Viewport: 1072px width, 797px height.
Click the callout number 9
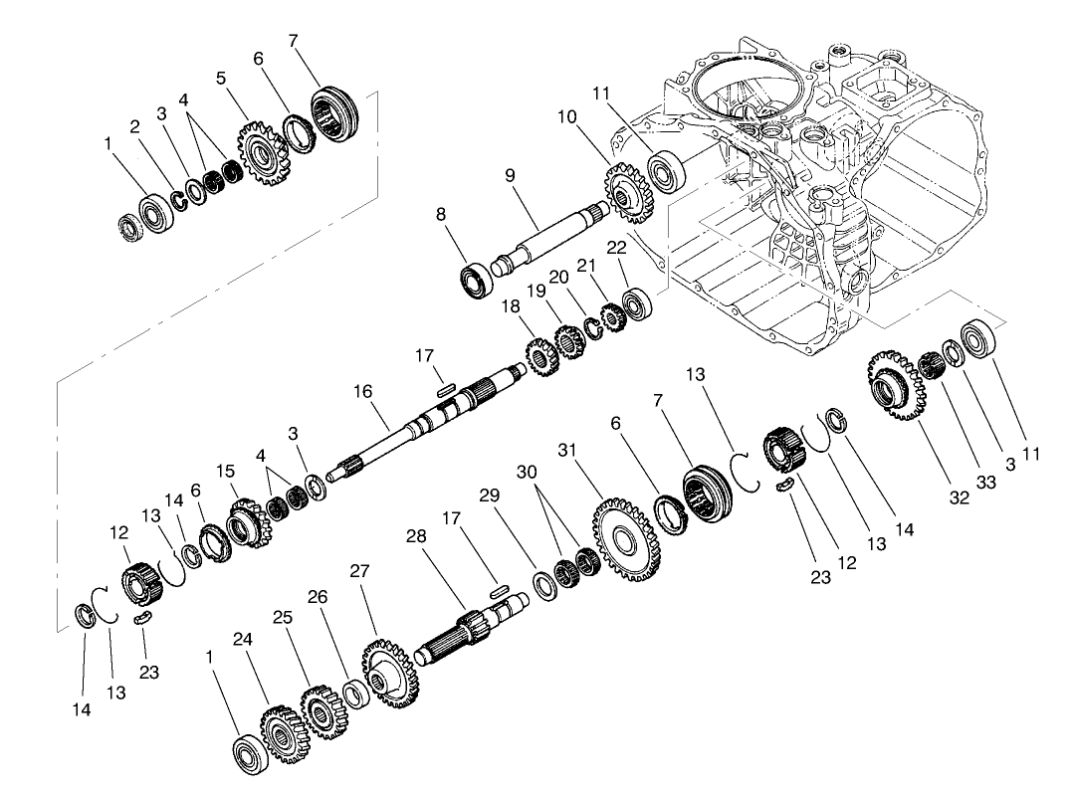point(509,174)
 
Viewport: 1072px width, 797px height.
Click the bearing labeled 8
point(477,278)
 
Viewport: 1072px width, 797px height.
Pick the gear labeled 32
point(894,383)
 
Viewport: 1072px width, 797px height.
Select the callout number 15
point(226,470)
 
